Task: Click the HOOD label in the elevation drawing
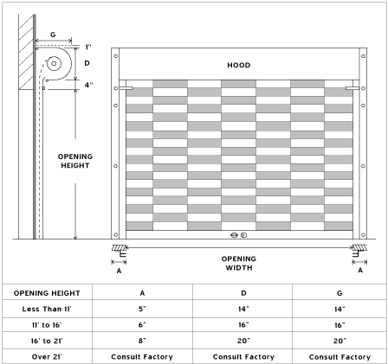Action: [x=239, y=65]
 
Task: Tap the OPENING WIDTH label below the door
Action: [x=239, y=263]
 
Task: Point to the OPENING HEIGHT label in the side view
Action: [x=75, y=161]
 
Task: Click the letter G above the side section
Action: [x=53, y=35]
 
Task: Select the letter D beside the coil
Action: [x=87, y=63]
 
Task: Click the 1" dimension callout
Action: [x=88, y=47]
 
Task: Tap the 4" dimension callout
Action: [x=89, y=85]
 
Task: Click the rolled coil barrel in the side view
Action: [x=54, y=63]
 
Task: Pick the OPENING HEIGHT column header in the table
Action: [x=47, y=293]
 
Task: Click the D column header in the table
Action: [x=243, y=293]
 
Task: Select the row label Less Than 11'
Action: [x=47, y=309]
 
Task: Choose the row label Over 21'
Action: [x=47, y=357]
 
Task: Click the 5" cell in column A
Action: [x=142, y=309]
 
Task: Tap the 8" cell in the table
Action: [x=142, y=341]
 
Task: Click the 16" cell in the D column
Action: [x=243, y=325]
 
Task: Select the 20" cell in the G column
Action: [x=339, y=341]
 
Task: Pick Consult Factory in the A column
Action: [x=142, y=357]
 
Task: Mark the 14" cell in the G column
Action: [x=339, y=309]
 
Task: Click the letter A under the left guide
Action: [x=119, y=271]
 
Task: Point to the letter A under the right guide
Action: [x=360, y=270]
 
